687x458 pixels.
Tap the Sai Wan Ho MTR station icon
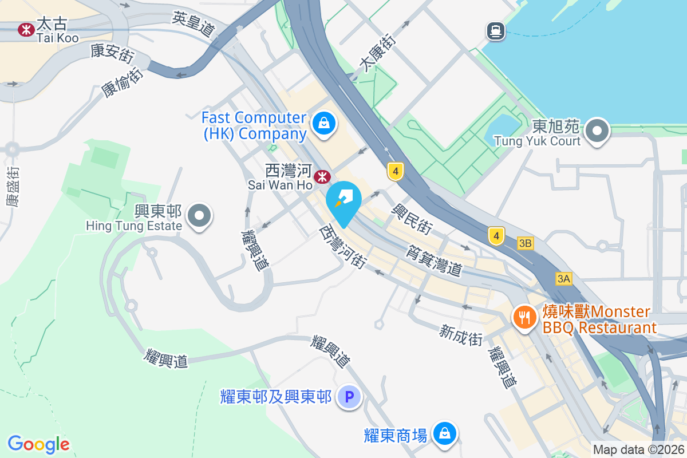pyautogui.click(x=323, y=177)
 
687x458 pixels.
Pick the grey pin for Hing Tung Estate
pyautogui.click(x=199, y=217)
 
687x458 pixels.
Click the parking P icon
pyautogui.click(x=349, y=396)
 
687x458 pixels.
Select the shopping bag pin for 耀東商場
pyautogui.click(x=444, y=433)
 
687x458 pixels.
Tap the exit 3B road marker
pyautogui.click(x=525, y=243)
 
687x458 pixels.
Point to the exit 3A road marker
pyautogui.click(x=563, y=279)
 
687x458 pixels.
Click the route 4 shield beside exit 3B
pyautogui.click(x=496, y=235)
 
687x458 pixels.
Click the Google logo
pyautogui.click(x=38, y=444)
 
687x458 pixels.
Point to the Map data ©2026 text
pyautogui.click(x=638, y=449)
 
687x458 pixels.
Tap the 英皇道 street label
pyautogui.click(x=193, y=26)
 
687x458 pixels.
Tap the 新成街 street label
pyautogui.click(x=461, y=335)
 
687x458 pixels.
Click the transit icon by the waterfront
pyautogui.click(x=496, y=30)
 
